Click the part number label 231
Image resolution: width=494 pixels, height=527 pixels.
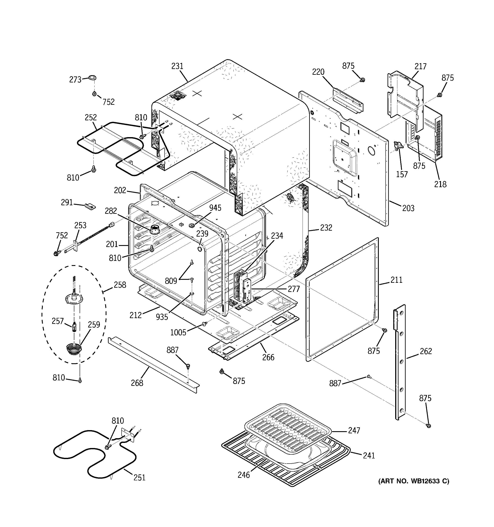pos(177,66)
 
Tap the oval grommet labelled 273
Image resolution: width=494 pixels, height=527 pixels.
pos(92,78)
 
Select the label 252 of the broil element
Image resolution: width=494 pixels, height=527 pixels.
pos(91,118)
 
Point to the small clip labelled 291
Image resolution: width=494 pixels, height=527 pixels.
pos(90,206)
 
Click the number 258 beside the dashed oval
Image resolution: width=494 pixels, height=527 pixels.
pos(120,285)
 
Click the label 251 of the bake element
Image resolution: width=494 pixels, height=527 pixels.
pos(139,477)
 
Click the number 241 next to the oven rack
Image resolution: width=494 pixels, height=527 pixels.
pos(369,455)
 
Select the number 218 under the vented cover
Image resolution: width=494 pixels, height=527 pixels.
pos(440,184)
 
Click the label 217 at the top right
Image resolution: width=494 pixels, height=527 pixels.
pos(420,66)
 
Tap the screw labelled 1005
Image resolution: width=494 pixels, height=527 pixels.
pos(204,324)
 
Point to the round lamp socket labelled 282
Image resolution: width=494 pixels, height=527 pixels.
pos(154,229)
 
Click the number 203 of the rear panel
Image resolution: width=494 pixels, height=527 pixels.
pos(408,208)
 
